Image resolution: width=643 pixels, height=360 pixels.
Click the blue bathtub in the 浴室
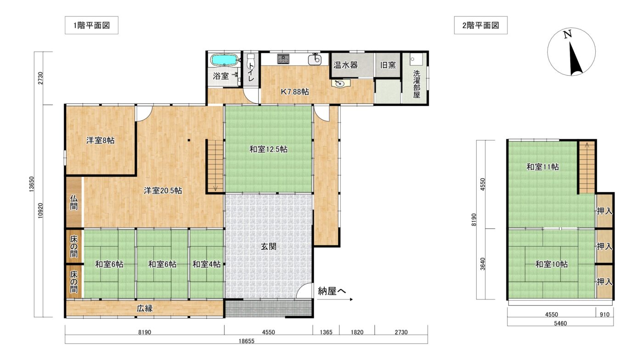pos(225,60)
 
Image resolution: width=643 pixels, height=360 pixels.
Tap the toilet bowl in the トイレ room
pos(251,59)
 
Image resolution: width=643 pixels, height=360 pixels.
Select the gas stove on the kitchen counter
pos(283,59)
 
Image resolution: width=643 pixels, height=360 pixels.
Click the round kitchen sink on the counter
pos(315,60)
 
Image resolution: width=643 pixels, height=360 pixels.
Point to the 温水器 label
pos(345,65)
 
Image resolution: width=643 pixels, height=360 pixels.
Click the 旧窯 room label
pos(388,65)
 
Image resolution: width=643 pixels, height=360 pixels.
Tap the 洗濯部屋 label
pos(417,84)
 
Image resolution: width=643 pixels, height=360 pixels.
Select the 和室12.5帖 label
pos(268,149)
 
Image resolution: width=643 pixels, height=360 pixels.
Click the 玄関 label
pos(268,246)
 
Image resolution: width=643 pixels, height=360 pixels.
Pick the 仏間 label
pos(74,202)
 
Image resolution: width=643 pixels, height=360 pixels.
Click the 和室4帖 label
pos(206,264)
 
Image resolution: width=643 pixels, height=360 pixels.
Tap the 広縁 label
pos(145,308)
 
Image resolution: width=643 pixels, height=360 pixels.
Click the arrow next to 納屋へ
pos(335,299)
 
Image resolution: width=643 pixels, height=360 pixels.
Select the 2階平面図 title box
pos(480,25)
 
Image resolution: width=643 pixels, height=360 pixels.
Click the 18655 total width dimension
pos(246,341)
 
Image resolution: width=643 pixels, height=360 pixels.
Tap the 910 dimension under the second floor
pos(604,315)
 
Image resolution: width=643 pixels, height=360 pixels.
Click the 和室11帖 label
pos(542,167)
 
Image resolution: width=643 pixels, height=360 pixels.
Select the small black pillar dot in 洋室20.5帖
pos(189,141)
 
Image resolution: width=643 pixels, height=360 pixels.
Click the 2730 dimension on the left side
pos(40,78)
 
